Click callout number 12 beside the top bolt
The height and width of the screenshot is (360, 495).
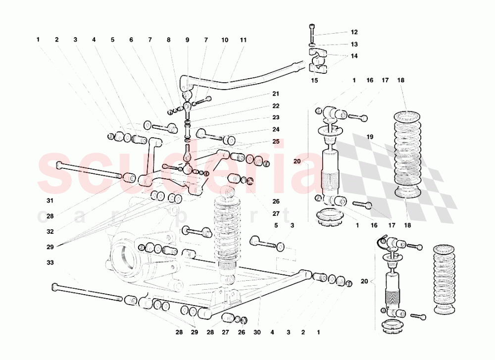pos(354,32)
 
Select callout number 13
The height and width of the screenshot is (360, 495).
pos(354,44)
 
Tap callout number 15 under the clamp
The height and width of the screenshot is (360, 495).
pos(314,80)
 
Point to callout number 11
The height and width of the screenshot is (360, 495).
pos(243,40)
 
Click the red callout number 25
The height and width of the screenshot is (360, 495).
pos(276,142)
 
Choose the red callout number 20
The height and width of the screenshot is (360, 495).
pos(297,161)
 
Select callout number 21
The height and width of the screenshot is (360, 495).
pos(276,94)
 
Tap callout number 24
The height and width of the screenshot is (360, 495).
pos(276,130)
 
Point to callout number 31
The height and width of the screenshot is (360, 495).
pos(50,201)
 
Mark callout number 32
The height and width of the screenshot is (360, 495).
pos(50,231)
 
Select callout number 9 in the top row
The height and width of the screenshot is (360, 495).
pos(188,40)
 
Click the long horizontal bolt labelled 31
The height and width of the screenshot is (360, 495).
pos(89,170)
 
